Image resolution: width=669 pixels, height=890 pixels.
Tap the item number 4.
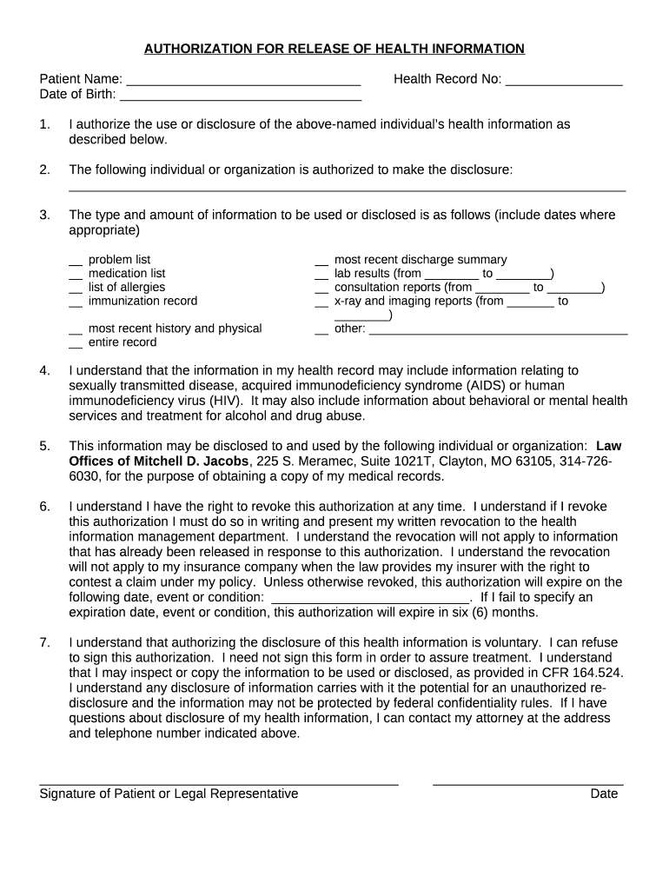[44, 371]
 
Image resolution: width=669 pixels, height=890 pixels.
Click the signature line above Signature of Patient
[218, 781]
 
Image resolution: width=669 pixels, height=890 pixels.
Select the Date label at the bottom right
[604, 794]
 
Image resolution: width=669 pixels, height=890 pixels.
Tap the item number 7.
[44, 642]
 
